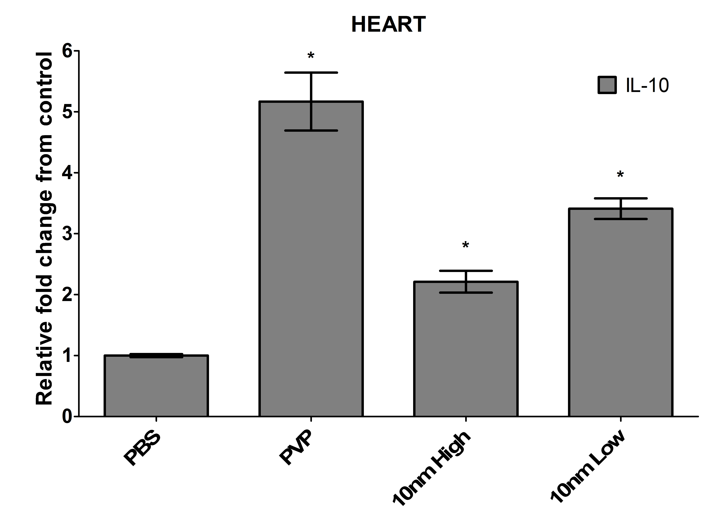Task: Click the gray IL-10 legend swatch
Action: click(607, 85)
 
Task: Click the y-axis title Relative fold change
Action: click(44, 228)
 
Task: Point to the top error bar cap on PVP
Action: click(311, 73)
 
